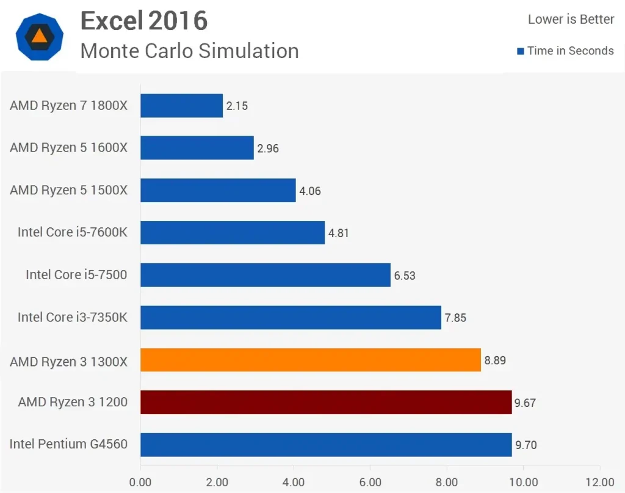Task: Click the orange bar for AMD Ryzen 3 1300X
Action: point(311,360)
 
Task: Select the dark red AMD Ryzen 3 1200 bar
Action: point(326,402)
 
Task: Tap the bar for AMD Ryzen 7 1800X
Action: point(181,106)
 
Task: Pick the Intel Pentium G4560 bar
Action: point(326,445)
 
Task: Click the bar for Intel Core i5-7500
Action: point(265,275)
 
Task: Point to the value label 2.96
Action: point(268,148)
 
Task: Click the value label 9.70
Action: point(526,445)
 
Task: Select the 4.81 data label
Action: point(339,233)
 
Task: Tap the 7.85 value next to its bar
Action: point(455,318)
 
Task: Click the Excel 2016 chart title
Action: point(144,21)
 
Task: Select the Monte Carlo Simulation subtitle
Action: point(189,51)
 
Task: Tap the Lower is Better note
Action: point(571,20)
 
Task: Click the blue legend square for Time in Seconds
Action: point(521,51)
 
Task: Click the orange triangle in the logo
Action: point(39,36)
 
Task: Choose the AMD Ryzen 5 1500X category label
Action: point(68,190)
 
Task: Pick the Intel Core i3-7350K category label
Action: point(72,317)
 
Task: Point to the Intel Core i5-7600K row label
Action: point(72,232)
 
